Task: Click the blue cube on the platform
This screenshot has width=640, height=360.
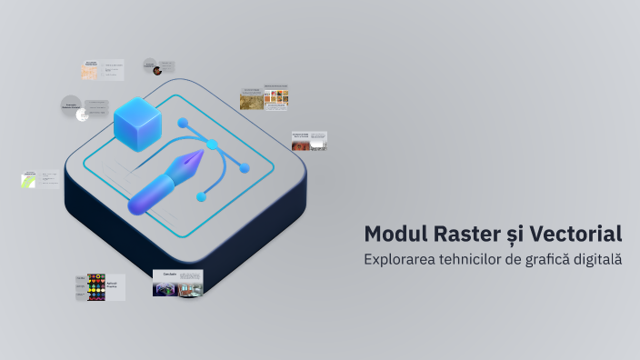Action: click(x=137, y=125)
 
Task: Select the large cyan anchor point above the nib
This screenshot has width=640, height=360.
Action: click(x=213, y=144)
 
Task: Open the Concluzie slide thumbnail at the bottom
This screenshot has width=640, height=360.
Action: click(x=177, y=283)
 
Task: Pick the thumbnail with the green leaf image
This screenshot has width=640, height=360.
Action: click(x=28, y=180)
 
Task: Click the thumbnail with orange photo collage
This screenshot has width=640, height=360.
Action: click(x=265, y=98)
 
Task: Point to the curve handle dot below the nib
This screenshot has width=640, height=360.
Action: click(x=202, y=195)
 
